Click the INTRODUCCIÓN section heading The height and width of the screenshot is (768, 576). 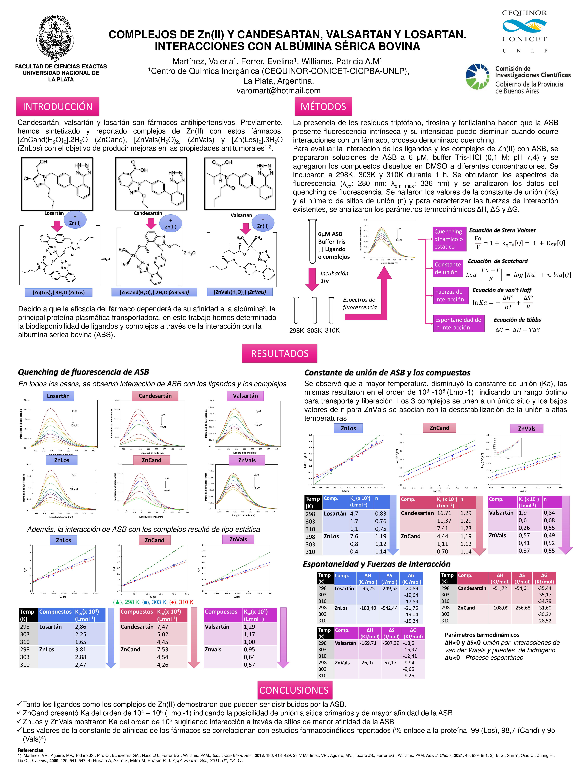[58, 107]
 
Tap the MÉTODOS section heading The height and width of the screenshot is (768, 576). [323, 107]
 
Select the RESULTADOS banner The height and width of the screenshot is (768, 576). [280, 353]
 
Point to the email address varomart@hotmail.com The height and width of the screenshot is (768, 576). [278, 91]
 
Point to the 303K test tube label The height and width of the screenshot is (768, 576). [314, 331]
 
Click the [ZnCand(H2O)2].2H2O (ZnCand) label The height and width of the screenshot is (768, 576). [154, 292]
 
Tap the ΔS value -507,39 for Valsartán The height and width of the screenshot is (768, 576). [391, 643]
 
